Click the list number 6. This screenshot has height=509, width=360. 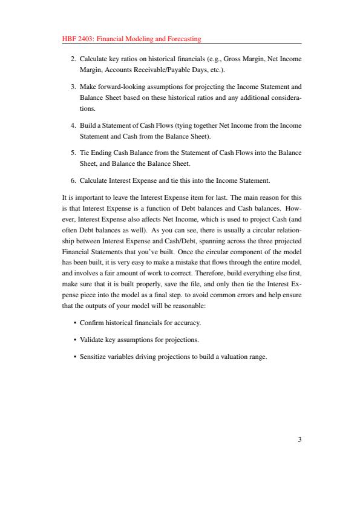coord(73,180)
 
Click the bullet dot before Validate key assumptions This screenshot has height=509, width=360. coord(74,340)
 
